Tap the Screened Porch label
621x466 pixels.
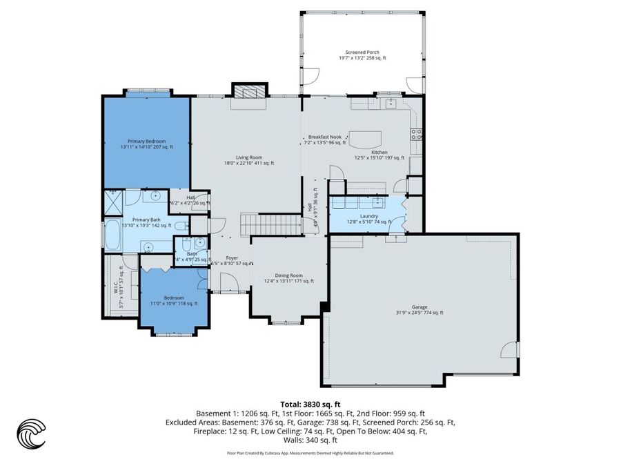tap(362, 55)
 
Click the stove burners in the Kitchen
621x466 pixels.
tap(416, 134)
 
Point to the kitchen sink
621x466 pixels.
tap(391, 104)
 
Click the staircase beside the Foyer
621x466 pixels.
tap(270, 224)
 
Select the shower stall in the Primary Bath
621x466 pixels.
tap(112, 202)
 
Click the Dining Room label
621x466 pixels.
tap(288, 278)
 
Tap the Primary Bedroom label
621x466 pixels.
tap(146, 144)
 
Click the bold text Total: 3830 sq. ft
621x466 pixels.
tap(310, 405)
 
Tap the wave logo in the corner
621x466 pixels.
tap(31, 435)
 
